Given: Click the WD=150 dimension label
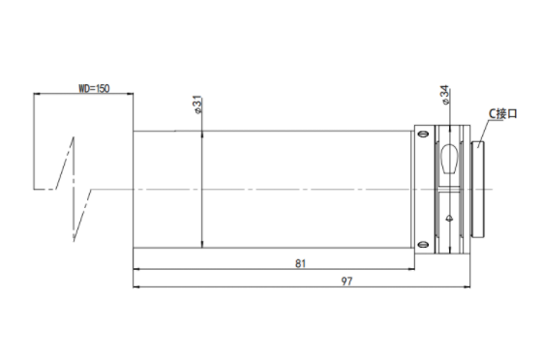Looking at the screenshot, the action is click(94, 88).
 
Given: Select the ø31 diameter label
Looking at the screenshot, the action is click(197, 105).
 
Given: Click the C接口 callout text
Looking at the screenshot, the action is click(502, 113).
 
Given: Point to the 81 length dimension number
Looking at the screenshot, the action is click(300, 263).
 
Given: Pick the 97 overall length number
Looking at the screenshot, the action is click(346, 282).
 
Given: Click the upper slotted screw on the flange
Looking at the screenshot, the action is click(424, 135).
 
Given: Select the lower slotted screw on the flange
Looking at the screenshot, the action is click(424, 245).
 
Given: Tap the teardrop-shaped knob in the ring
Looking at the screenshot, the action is click(450, 159).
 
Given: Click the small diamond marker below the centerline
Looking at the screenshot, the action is click(449, 218).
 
